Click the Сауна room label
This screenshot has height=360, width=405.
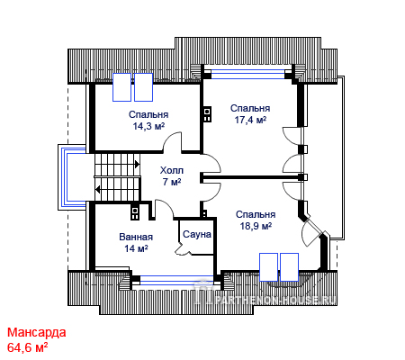197,234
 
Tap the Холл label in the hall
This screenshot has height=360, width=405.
172,170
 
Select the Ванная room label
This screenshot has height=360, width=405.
136,237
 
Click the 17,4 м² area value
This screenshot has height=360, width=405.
250,120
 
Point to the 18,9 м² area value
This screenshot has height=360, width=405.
256,226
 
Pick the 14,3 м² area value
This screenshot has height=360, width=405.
148,126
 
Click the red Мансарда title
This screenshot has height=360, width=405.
37,332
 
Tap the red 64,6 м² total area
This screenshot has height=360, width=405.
28,347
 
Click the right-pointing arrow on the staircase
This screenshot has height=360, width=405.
137,165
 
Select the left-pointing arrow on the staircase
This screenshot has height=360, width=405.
98,190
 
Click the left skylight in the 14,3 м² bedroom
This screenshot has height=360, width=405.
121,87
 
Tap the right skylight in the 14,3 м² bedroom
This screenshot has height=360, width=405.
144,87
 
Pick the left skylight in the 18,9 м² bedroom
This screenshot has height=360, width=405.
268,267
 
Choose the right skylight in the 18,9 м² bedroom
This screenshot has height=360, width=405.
289,267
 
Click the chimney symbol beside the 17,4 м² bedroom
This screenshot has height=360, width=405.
207,114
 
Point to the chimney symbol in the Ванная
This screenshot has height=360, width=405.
135,212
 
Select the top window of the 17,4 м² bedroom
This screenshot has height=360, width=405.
247,74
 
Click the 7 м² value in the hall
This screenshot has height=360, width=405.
172,182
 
